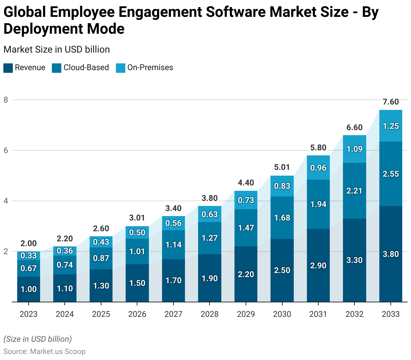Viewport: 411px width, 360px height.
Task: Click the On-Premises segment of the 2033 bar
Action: [390, 126]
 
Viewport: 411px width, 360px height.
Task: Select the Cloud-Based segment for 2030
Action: [282, 218]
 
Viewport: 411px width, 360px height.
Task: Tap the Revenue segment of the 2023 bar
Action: [29, 289]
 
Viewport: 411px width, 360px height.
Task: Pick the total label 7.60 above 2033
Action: [391, 102]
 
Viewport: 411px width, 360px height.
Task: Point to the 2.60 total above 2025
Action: [101, 229]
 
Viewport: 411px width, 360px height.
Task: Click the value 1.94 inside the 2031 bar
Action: [318, 204]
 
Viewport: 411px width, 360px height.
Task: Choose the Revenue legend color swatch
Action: [8, 68]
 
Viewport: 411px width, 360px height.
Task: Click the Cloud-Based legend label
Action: [86, 67]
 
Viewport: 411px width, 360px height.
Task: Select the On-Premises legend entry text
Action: [150, 67]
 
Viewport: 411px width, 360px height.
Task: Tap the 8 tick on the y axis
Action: [6, 100]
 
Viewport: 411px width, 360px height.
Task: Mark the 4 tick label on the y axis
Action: [6, 201]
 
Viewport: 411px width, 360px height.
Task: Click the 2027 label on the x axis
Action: [173, 314]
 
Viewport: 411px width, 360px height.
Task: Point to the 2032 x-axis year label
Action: [354, 314]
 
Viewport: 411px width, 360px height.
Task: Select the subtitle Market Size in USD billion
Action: [57, 50]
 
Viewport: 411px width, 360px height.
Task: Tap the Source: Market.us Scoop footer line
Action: [44, 352]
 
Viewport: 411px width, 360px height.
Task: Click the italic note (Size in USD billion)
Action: [37, 339]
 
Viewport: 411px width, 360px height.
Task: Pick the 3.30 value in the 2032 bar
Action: [354, 260]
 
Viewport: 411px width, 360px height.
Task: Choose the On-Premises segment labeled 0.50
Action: [137, 233]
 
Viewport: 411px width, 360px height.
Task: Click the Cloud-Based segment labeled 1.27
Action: [210, 238]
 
